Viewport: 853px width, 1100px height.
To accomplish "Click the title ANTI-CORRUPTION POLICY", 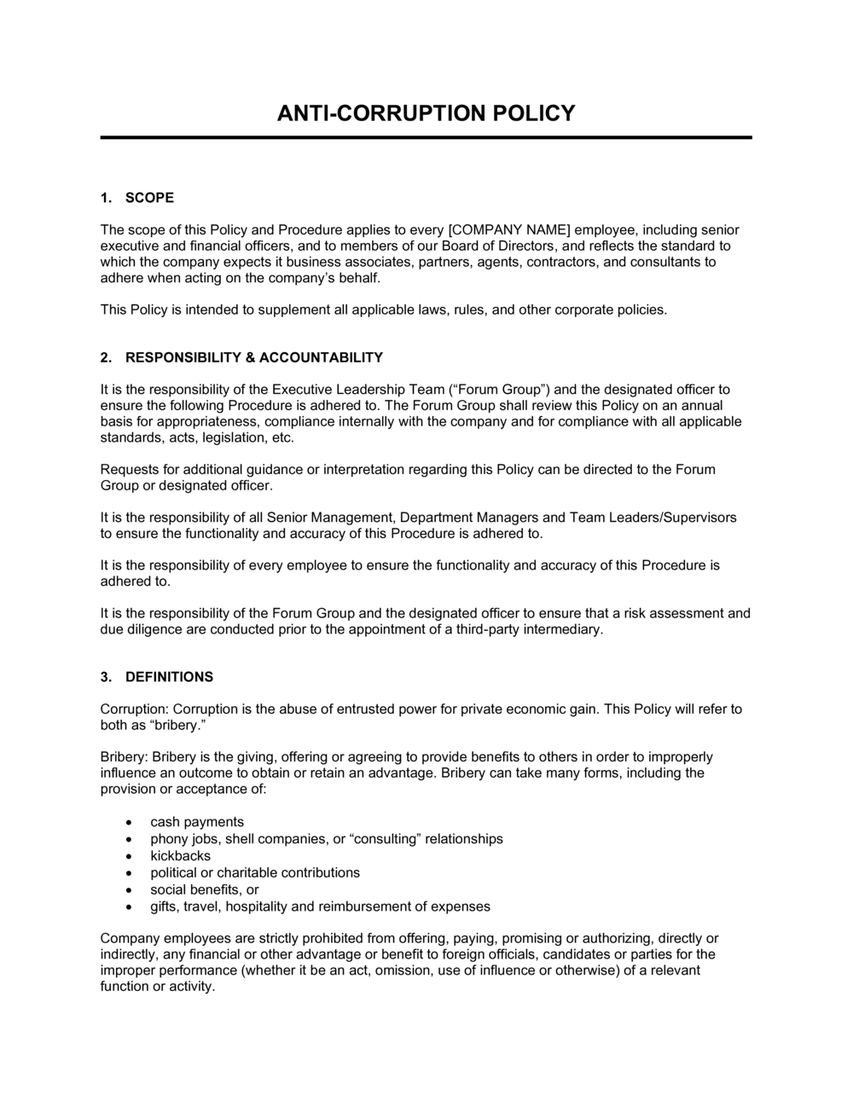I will (426, 113).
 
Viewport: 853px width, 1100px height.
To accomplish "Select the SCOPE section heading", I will (149, 198).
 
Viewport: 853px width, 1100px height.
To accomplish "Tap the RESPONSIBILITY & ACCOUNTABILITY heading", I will (254, 357).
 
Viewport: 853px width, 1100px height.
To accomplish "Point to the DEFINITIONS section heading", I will (169, 677).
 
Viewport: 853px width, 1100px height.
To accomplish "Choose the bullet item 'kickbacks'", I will (180, 855).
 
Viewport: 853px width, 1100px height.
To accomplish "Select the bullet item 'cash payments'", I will (197, 822).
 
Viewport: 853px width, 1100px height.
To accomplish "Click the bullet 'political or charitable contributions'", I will (255, 872).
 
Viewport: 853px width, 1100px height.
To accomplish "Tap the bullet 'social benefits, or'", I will (205, 889).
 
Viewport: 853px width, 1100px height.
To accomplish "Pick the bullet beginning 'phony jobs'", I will (327, 839).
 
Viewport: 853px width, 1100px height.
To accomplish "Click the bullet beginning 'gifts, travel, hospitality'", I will (320, 906).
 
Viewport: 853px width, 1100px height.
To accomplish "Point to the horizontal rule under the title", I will (426, 137).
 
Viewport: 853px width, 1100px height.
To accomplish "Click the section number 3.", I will (106, 677).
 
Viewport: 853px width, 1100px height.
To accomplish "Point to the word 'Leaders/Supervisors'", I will (679, 517).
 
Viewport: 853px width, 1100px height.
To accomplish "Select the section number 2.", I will (106, 357).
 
